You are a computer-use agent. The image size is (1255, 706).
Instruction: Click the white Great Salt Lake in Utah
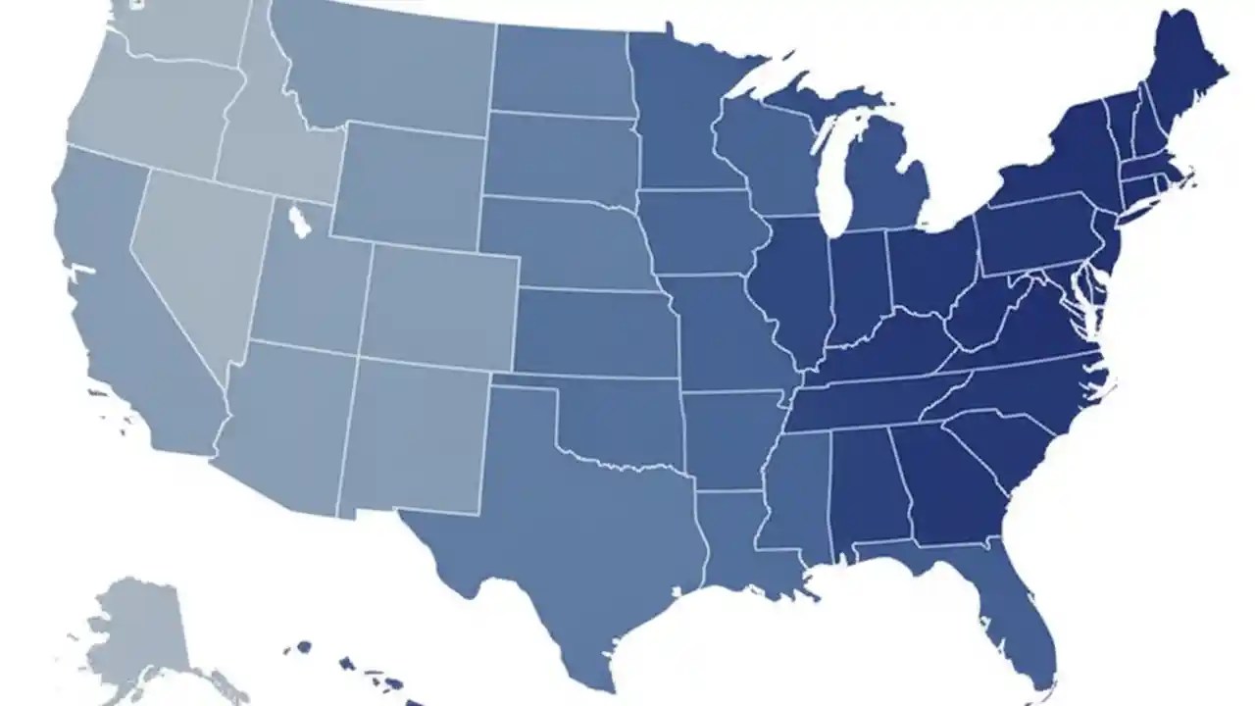pos(300,221)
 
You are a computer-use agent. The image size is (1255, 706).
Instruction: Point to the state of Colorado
pos(441,304)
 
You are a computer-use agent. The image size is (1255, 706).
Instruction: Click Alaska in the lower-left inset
pos(137,628)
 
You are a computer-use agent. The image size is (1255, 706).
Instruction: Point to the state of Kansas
pos(593,333)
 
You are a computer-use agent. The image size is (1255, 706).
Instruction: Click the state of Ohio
pos(931,265)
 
